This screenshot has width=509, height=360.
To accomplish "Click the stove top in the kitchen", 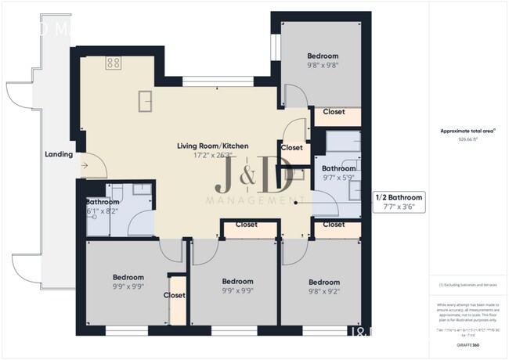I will coord(114,63).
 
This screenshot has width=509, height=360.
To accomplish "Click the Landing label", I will coord(60,154).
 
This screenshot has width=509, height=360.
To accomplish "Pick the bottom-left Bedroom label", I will coord(128,278).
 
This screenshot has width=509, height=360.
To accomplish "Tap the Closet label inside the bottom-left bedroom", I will coord(174,295).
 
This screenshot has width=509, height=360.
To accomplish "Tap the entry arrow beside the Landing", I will coord(86,165).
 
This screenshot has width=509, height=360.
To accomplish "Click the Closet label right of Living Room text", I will coord(291,147).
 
